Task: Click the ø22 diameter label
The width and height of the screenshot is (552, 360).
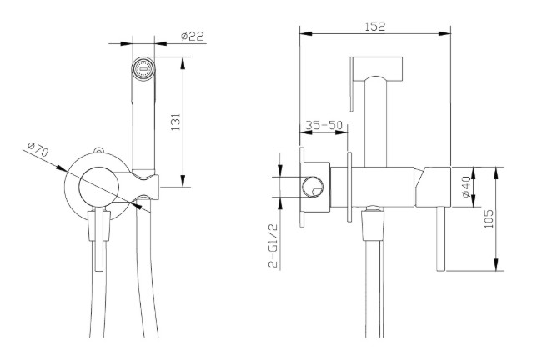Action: click(193, 36)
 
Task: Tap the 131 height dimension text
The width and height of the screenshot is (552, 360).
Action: click(176, 122)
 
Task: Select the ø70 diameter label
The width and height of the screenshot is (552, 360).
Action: click(38, 148)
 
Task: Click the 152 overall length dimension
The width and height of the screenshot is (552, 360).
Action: click(375, 27)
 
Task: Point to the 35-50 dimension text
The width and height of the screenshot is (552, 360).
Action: click(324, 125)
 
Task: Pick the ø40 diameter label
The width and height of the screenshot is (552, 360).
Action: click(465, 187)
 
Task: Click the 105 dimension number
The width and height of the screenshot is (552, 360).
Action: click(489, 218)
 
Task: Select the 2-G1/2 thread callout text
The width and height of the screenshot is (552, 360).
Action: click(273, 245)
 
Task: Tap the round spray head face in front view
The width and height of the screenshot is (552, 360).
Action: click(143, 69)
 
